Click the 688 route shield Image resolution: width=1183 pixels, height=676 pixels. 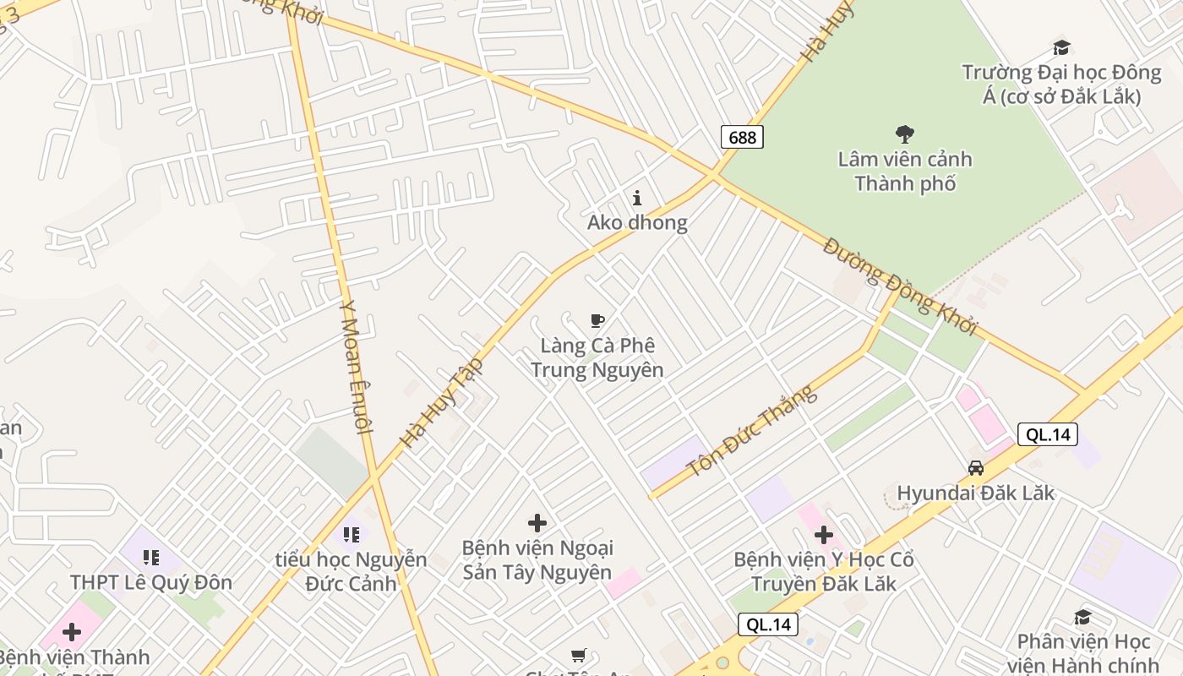pos(742,137)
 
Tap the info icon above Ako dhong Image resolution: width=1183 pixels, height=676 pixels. pos(637,199)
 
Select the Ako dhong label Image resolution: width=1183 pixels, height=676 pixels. pos(637,223)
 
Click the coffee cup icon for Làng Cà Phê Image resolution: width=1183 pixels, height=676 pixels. pos(597,321)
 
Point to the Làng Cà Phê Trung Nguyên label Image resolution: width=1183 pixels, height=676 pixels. pos(597,357)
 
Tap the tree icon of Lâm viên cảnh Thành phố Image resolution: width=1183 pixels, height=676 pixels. pos(905,134)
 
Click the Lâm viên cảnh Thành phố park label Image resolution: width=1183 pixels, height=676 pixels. pos(905,172)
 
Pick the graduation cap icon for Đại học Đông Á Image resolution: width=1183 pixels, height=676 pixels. pos(1061,47)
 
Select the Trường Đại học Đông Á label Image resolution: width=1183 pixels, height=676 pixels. pos(1061,84)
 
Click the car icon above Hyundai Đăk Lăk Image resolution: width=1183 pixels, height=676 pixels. pos(976,468)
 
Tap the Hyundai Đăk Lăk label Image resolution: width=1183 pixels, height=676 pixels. pos(976,493)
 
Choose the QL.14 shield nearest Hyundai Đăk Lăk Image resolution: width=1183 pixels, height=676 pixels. pos(1048,434)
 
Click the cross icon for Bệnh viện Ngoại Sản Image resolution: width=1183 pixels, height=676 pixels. pos(537,523)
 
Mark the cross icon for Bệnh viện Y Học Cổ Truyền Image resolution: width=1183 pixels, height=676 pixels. pos(824,535)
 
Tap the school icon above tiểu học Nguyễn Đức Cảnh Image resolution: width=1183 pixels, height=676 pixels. pos(352,534)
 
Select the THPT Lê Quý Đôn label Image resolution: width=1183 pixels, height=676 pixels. pos(151,582)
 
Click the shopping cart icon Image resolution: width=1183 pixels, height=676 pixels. pos(579,656)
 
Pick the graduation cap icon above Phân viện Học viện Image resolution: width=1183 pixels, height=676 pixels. pos(1082,618)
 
